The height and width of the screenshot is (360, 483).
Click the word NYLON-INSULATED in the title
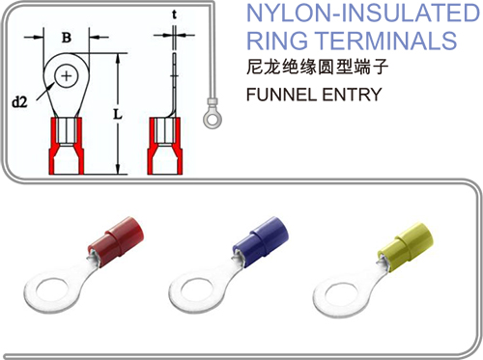(363, 13)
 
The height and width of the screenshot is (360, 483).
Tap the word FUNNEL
(281, 95)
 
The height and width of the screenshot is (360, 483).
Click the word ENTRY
(352, 95)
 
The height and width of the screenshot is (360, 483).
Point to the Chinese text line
(317, 67)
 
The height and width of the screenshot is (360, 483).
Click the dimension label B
(67, 38)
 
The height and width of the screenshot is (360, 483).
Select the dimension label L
(118, 114)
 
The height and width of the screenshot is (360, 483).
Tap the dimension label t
(174, 14)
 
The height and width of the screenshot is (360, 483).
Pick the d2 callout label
(19, 102)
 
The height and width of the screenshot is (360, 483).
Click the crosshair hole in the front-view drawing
(67, 76)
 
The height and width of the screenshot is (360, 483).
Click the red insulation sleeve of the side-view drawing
(165, 147)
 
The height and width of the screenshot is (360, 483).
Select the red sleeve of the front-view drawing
(67, 147)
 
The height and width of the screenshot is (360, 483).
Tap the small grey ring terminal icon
(213, 114)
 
